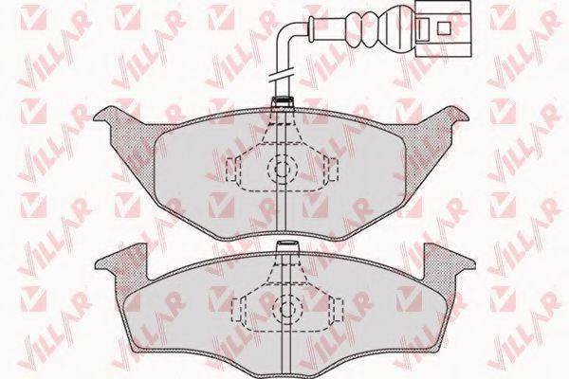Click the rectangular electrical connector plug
click(x=443, y=28)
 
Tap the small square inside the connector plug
click(x=444, y=27)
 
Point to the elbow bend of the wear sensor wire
click(x=285, y=34)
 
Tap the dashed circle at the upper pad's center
click(x=282, y=169)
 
